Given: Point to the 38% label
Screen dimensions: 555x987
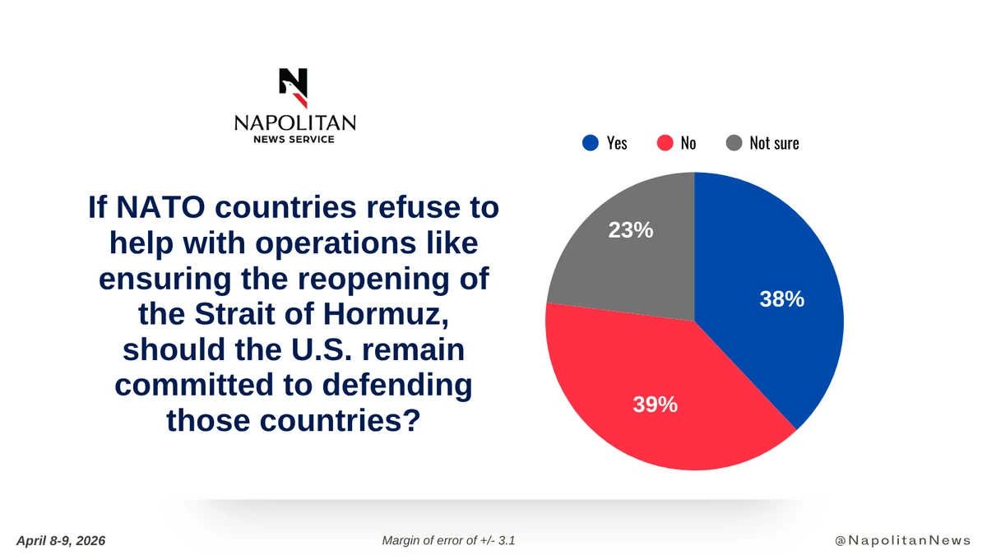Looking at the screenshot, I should tap(781, 300).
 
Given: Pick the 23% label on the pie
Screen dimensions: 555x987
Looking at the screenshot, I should tap(631, 231).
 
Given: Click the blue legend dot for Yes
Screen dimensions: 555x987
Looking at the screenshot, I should tap(590, 143).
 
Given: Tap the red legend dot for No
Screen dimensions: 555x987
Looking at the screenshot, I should tap(665, 143).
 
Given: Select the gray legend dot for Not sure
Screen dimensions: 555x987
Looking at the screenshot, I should tap(734, 143).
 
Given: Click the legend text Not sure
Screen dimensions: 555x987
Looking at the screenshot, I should tap(774, 143).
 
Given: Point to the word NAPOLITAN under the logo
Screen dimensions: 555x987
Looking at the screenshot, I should tap(294, 123).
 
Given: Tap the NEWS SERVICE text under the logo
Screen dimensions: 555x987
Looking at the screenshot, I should tap(294, 140).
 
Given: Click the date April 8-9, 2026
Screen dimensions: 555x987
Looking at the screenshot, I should tap(61, 540).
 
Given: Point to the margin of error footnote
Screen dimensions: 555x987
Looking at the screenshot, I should tap(449, 540).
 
